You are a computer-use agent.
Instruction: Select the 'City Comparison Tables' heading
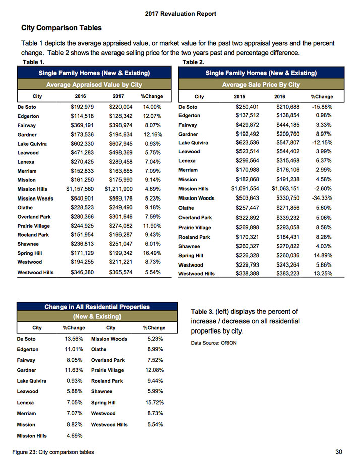point(61,27)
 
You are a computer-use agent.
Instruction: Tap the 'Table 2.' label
point(193,62)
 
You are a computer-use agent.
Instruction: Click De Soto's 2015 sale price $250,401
point(247,107)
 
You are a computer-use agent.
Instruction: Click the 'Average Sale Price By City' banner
point(261,84)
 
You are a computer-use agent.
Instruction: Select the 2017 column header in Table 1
point(117,96)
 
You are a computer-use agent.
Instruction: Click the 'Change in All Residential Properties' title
point(97,306)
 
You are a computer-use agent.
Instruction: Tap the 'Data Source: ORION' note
point(214,343)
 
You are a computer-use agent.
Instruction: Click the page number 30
point(338,450)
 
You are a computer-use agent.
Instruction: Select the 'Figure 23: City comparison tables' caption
point(54,451)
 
